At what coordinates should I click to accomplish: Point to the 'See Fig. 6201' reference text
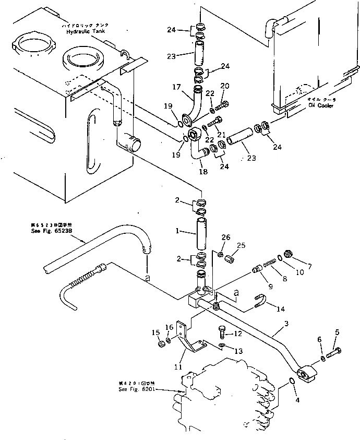click(x=133, y=389)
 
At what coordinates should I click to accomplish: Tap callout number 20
click(x=224, y=86)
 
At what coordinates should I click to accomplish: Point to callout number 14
click(x=281, y=309)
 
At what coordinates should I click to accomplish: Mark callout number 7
click(x=309, y=267)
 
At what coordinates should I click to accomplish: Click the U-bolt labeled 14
click(x=259, y=301)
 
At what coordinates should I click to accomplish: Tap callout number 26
click(x=225, y=237)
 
